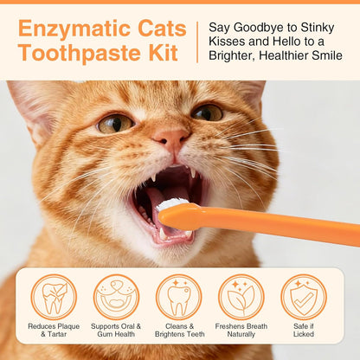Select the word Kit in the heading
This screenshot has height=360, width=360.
(163, 55)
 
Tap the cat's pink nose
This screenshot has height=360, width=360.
(172, 138)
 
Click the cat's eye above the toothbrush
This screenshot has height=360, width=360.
(207, 112)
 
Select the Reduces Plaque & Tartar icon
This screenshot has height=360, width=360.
(54, 297)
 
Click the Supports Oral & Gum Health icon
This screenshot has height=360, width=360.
(116, 297)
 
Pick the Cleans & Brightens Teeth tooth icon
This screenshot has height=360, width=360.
(178, 297)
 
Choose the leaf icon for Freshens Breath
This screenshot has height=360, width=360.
(241, 297)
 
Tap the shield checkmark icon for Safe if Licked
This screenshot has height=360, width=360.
(304, 297)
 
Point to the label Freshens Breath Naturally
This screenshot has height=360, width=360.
(241, 331)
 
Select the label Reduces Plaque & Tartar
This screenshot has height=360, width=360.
(54, 331)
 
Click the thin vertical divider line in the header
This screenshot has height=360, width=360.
(197, 42)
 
